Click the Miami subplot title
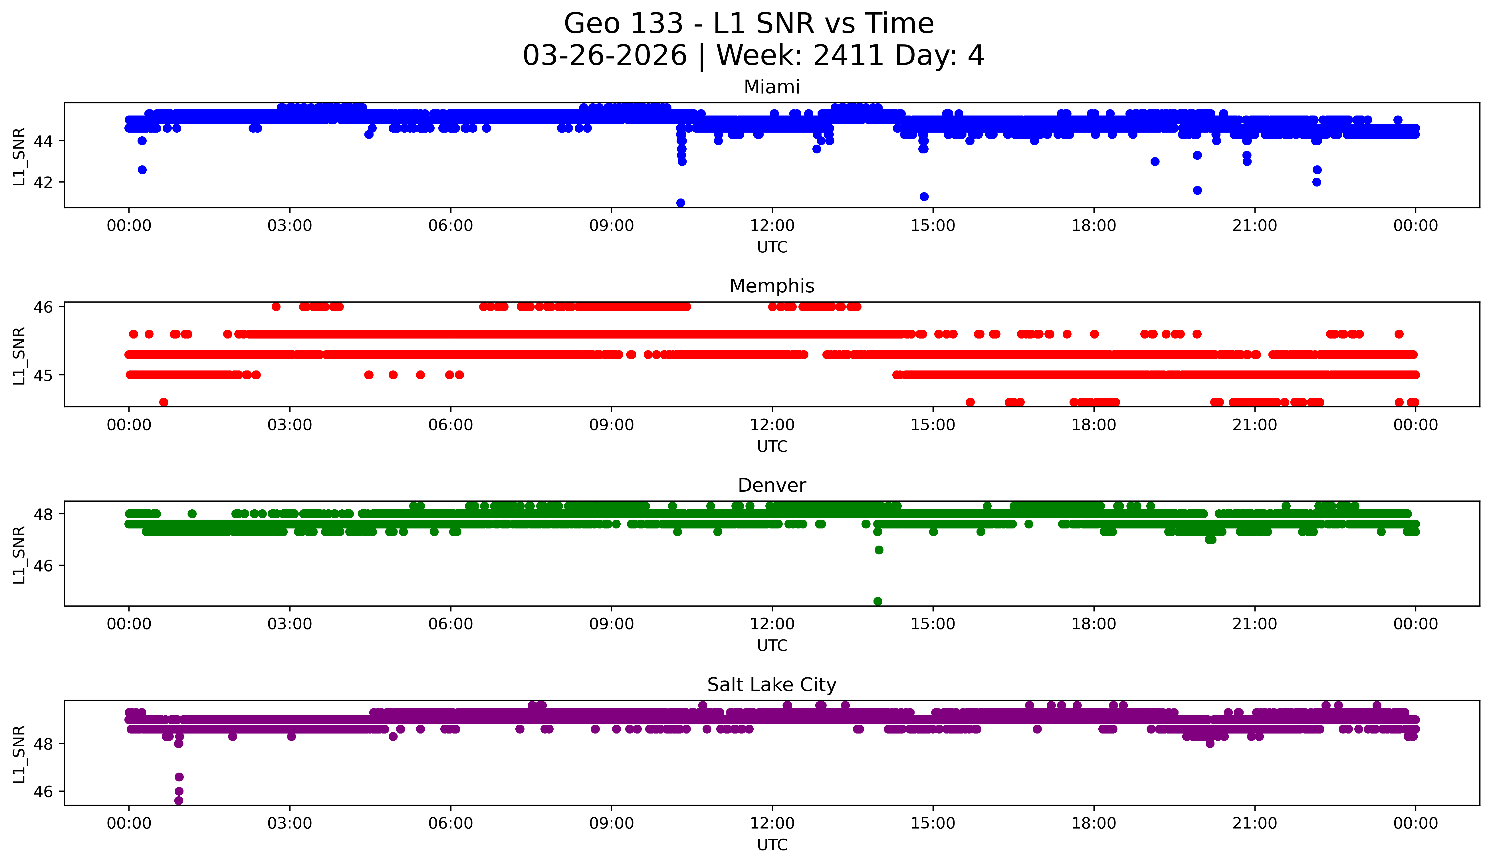coord(772,87)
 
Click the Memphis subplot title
coord(772,286)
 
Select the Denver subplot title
coord(772,485)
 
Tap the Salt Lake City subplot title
coord(772,685)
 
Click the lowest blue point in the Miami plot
coord(680,203)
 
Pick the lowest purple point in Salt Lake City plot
coord(179,801)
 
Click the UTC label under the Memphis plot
coord(772,446)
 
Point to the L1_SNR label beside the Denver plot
coord(19,555)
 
